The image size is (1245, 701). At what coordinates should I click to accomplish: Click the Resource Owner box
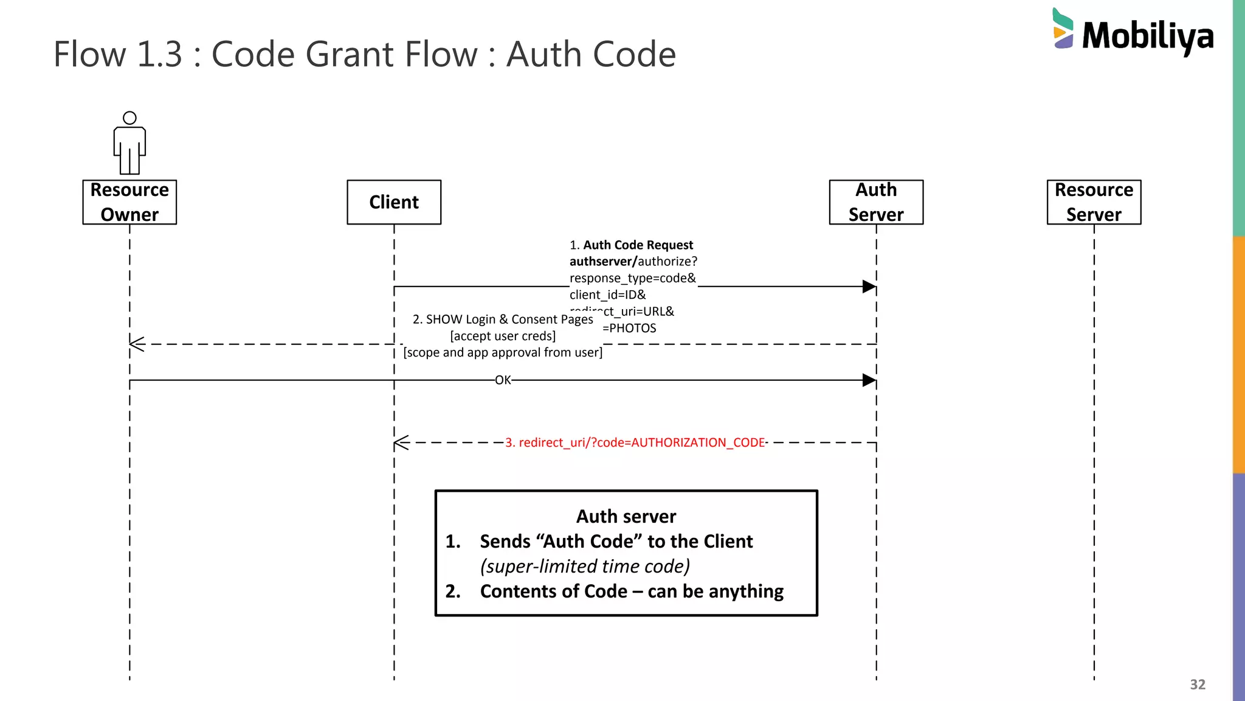(129, 202)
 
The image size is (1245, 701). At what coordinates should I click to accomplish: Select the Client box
(394, 202)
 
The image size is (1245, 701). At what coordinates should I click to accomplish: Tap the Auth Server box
(876, 202)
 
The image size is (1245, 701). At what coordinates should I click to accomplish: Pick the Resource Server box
(1094, 202)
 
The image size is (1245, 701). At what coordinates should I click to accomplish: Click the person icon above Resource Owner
(129, 144)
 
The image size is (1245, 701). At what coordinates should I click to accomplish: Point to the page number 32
(1197, 685)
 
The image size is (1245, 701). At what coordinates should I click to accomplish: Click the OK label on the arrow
(503, 380)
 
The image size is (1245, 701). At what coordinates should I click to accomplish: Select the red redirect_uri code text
(635, 443)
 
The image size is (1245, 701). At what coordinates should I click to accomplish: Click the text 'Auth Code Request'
(638, 245)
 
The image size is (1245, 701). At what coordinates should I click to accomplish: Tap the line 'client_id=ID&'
(607, 295)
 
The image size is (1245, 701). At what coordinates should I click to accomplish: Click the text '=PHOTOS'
(629, 329)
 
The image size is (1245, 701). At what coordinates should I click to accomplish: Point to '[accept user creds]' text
(503, 336)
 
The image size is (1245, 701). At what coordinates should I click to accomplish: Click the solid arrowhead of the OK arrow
(869, 380)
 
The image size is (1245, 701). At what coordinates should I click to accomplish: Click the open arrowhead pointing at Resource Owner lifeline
(137, 344)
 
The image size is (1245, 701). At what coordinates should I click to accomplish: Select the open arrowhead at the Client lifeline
(401, 443)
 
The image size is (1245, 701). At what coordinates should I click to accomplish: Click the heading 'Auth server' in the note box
(626, 517)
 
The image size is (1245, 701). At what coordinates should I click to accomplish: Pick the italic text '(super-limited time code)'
(585, 567)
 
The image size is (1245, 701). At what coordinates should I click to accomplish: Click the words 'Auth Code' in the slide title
(591, 54)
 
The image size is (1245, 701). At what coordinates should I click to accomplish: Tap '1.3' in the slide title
(159, 54)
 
